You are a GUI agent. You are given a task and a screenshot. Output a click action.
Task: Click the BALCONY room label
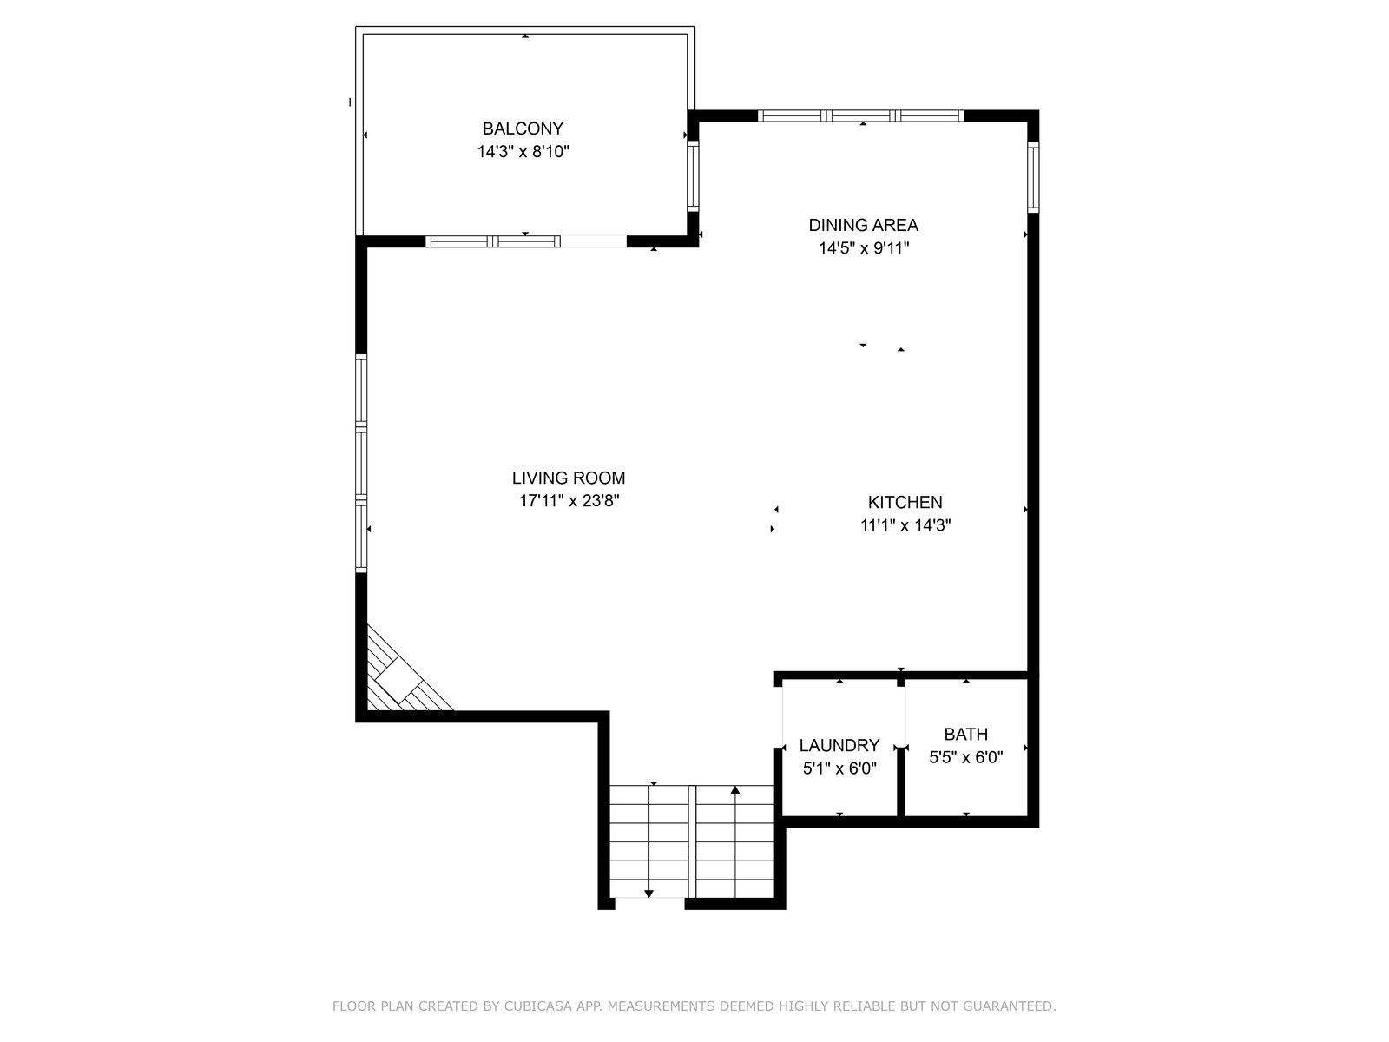click(523, 129)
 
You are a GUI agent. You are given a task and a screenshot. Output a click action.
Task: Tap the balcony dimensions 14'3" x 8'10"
click(523, 152)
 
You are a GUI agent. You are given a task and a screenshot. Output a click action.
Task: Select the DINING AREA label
click(863, 225)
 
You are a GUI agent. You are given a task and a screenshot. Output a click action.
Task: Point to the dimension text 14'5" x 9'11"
click(863, 248)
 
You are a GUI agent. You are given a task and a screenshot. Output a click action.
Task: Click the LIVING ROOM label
click(569, 478)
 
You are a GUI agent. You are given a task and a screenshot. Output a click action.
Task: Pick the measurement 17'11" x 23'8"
click(569, 501)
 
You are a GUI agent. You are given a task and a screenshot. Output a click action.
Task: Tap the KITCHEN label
click(905, 503)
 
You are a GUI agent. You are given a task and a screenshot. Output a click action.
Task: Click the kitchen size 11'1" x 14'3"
click(905, 525)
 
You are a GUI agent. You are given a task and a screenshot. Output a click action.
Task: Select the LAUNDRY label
click(839, 745)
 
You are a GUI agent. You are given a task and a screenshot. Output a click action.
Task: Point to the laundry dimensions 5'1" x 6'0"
click(839, 768)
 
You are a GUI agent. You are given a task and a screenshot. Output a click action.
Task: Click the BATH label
click(965, 734)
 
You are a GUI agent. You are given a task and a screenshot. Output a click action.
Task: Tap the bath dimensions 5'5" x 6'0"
click(965, 757)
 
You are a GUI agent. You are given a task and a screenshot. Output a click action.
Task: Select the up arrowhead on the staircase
click(734, 789)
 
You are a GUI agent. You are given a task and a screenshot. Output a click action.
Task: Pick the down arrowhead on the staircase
click(648, 894)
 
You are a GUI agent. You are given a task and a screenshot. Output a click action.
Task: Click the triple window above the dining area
click(860, 115)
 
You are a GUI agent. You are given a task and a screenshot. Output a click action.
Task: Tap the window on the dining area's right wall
click(1033, 177)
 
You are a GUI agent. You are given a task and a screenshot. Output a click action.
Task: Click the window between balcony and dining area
click(693, 176)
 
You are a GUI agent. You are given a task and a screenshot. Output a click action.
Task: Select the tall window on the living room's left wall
click(361, 463)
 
